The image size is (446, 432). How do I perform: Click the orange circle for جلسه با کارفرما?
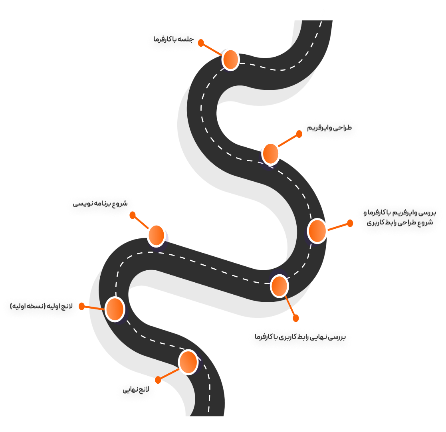pyautogui.click(x=230, y=59)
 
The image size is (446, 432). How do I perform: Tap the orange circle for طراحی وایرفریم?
pyautogui.click(x=271, y=153)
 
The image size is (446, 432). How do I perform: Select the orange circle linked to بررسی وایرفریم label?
pyautogui.click(x=317, y=231)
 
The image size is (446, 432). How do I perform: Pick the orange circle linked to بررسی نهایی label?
pyautogui.click(x=279, y=285)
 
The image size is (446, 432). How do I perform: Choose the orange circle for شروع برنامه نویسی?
pyautogui.click(x=156, y=235)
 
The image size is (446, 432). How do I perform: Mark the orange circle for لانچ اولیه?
pyautogui.click(x=115, y=309)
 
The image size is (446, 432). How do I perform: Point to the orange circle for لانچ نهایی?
pyautogui.click(x=188, y=362)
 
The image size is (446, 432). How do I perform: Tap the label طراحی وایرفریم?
pyautogui.click(x=329, y=128)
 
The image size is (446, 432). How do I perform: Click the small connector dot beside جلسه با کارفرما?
pyautogui.click(x=201, y=42)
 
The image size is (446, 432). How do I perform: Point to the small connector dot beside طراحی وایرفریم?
pyautogui.click(x=299, y=134)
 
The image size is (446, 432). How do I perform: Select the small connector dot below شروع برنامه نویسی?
pyautogui.click(x=133, y=215)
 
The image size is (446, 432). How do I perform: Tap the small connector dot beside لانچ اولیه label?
pyautogui.click(x=82, y=306)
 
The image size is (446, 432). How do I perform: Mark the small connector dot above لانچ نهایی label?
pyautogui.click(x=158, y=379)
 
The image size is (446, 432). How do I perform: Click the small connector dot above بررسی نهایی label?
pyautogui.click(x=295, y=318)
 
